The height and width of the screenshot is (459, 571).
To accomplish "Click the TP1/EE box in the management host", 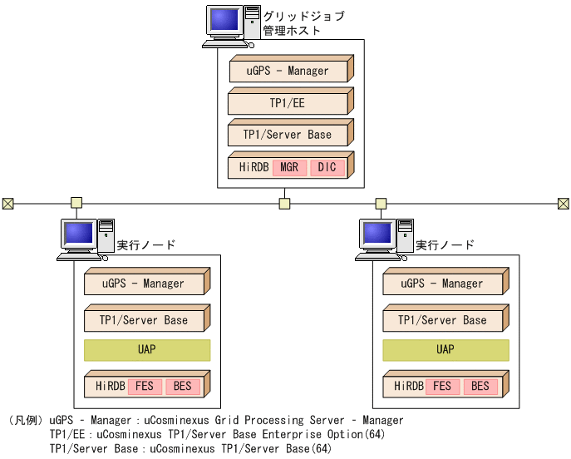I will click(x=288, y=103).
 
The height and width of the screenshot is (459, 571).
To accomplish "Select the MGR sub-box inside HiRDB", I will click(x=289, y=167).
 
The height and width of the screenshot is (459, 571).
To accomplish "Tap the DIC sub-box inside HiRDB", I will click(x=327, y=167).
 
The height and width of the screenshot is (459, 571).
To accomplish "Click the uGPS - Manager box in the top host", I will click(x=288, y=72).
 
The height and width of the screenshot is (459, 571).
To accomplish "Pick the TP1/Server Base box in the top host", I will click(x=288, y=135).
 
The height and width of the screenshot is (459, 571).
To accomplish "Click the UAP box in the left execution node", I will click(x=146, y=350).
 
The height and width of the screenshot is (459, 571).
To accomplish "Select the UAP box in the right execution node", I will click(x=445, y=350).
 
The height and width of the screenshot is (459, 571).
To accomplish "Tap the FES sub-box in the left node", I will click(x=145, y=387).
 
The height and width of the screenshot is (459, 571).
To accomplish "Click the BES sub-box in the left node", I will click(x=182, y=387).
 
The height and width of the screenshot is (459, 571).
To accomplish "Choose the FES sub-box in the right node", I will click(x=442, y=387).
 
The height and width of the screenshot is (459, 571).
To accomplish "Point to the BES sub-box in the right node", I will click(x=480, y=387).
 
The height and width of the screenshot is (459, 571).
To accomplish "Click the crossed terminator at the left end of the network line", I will click(x=7, y=203).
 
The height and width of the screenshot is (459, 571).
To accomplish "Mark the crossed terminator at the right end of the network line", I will click(x=563, y=203).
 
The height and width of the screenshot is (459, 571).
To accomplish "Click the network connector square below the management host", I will click(x=284, y=203).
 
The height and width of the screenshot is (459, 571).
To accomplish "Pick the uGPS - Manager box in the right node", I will click(x=442, y=284).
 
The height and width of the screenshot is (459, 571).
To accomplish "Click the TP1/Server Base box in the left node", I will click(x=144, y=320).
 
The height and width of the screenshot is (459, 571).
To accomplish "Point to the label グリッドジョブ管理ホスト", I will click(x=303, y=23).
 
